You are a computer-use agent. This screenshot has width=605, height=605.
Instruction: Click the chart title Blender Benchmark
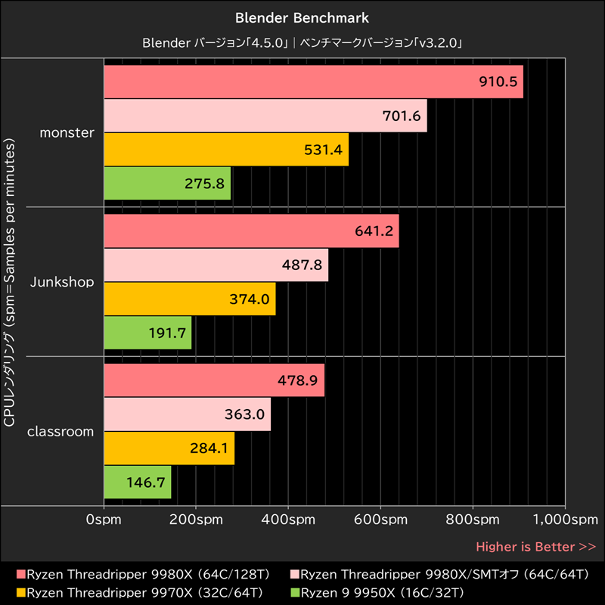[x=302, y=17]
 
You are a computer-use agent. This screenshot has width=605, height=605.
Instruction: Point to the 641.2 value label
[x=374, y=231]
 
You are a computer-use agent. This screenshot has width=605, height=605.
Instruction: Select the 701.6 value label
[x=402, y=116]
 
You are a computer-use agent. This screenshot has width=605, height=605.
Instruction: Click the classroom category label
[x=60, y=432]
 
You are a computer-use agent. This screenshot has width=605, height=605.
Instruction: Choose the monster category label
[x=67, y=132]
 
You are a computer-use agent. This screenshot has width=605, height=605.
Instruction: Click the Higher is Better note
[x=535, y=546]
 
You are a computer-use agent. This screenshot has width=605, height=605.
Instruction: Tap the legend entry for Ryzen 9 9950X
[x=377, y=591]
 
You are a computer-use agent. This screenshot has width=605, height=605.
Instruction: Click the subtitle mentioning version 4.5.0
[x=302, y=43]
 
